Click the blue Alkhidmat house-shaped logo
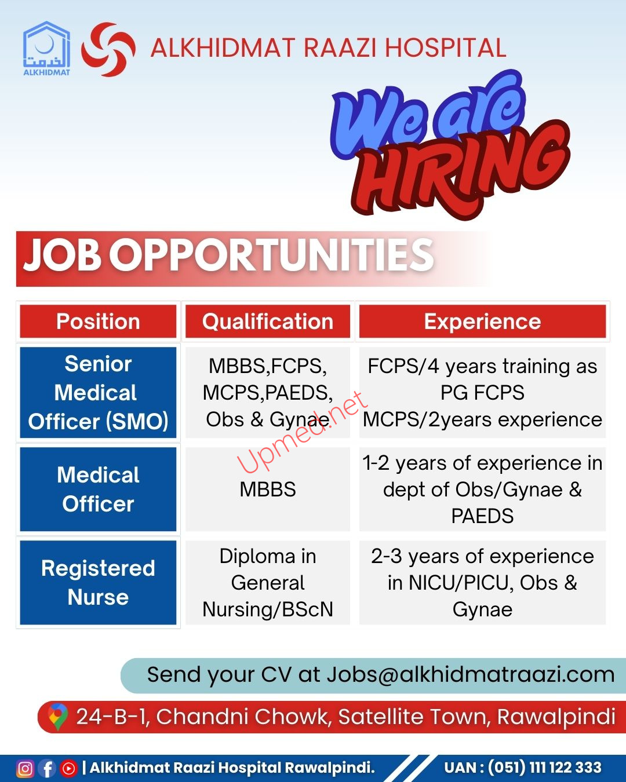coord(46,48)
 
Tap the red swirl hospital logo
coord(108,49)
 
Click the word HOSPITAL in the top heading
coord(446,47)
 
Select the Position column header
coord(98,321)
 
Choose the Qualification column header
coord(268,321)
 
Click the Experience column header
coord(482,321)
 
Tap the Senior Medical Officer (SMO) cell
coord(98,393)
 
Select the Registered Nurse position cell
coord(98,583)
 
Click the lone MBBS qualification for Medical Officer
coord(268,489)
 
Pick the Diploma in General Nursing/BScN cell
coord(268,583)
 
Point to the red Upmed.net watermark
coord(303,433)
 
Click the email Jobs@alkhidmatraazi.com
coord(471,675)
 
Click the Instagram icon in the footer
coord(25,769)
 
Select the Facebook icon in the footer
coord(48,769)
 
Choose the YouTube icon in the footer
coord(69,769)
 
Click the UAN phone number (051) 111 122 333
coord(544,768)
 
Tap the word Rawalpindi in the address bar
coord(556,717)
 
